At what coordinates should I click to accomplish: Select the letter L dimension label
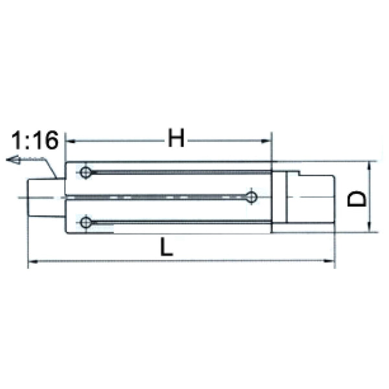[x=167, y=247]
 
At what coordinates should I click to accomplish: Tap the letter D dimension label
[x=356, y=197]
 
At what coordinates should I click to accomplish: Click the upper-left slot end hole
[x=86, y=172]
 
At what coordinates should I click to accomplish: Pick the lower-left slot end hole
[x=86, y=222]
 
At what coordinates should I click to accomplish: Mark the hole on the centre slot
[x=252, y=197]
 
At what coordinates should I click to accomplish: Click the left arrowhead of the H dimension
[x=71, y=140]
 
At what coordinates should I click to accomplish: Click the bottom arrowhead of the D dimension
[x=369, y=228]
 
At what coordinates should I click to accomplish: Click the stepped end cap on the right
[x=310, y=197]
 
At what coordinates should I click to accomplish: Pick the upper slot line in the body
[x=182, y=172]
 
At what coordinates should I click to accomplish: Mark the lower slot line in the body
[x=182, y=222]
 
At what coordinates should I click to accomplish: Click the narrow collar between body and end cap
[x=279, y=197]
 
